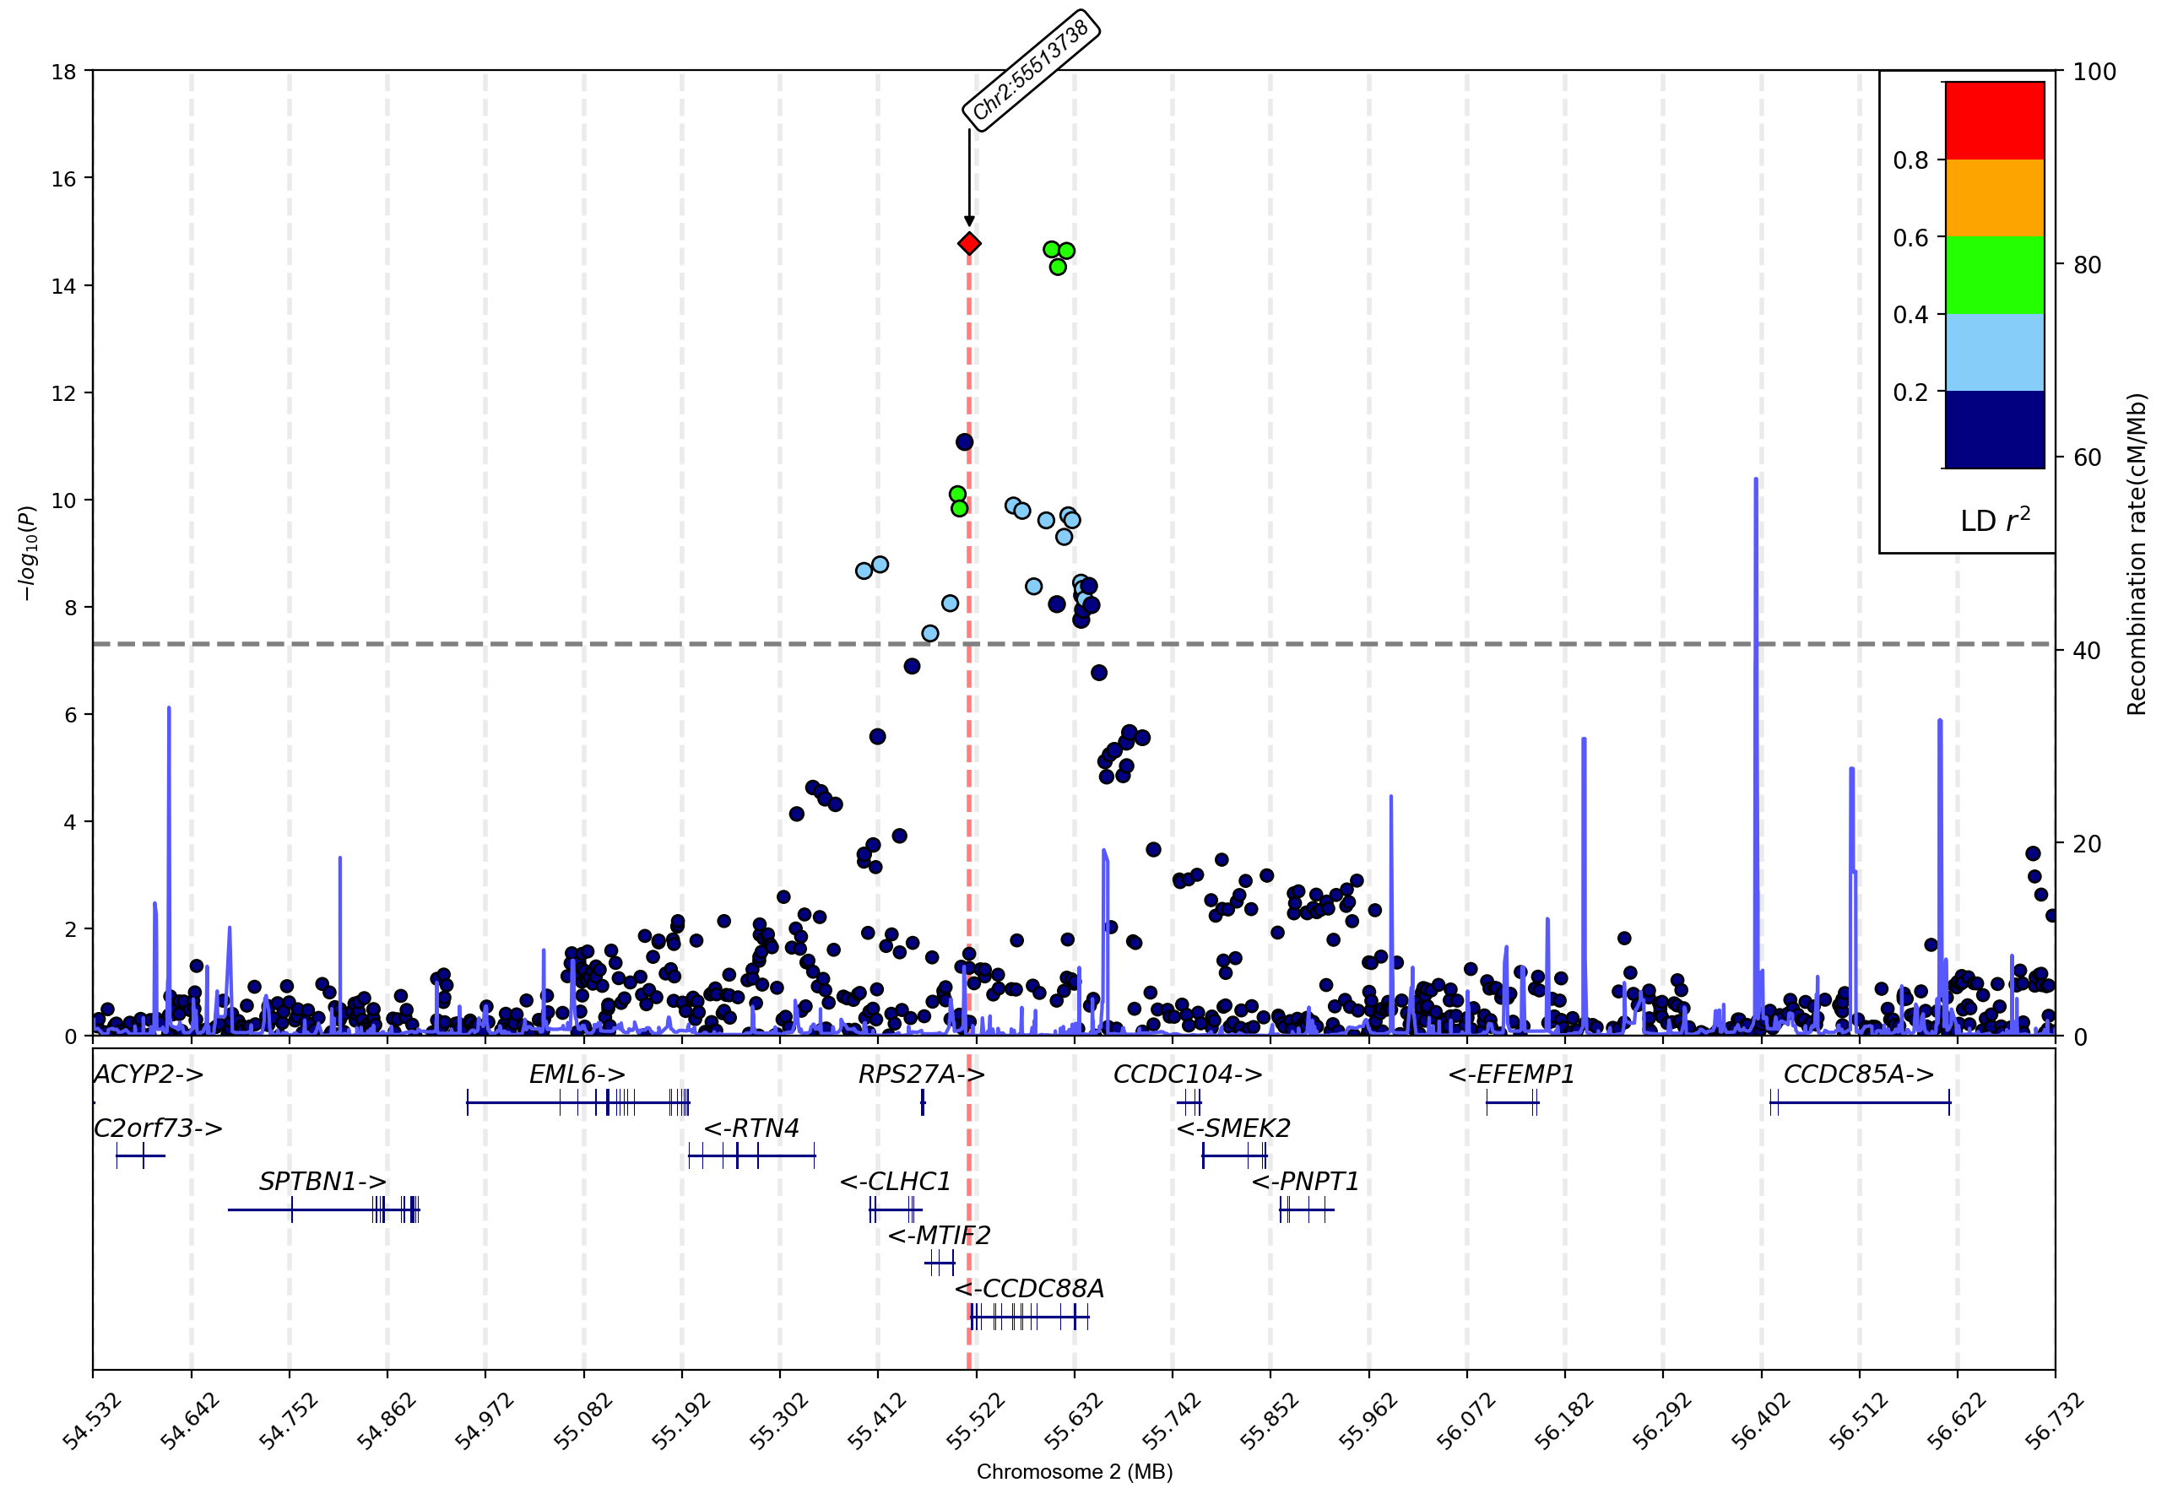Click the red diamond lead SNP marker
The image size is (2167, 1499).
click(x=968, y=244)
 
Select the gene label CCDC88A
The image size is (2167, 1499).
click(x=1030, y=1289)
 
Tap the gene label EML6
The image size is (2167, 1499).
click(x=577, y=1074)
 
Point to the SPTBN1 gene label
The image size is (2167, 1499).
click(x=322, y=1182)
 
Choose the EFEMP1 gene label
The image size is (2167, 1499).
click(x=1510, y=1074)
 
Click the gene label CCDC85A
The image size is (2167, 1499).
click(x=1858, y=1074)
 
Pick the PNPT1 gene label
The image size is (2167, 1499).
click(x=1306, y=1182)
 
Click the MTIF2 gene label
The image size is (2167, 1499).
click(x=939, y=1235)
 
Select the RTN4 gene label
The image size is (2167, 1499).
click(x=750, y=1128)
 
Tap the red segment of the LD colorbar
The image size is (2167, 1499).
click(x=1994, y=120)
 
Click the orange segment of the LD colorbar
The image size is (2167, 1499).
click(x=1994, y=198)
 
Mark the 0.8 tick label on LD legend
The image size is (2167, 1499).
click(x=1910, y=160)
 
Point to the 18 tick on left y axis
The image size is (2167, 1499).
click(x=64, y=72)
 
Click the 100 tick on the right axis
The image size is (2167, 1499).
click(x=2094, y=73)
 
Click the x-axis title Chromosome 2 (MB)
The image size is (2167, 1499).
click(x=1074, y=1472)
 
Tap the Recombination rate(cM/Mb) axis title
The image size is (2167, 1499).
click(x=2136, y=555)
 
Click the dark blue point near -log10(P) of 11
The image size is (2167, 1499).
click(x=964, y=442)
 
